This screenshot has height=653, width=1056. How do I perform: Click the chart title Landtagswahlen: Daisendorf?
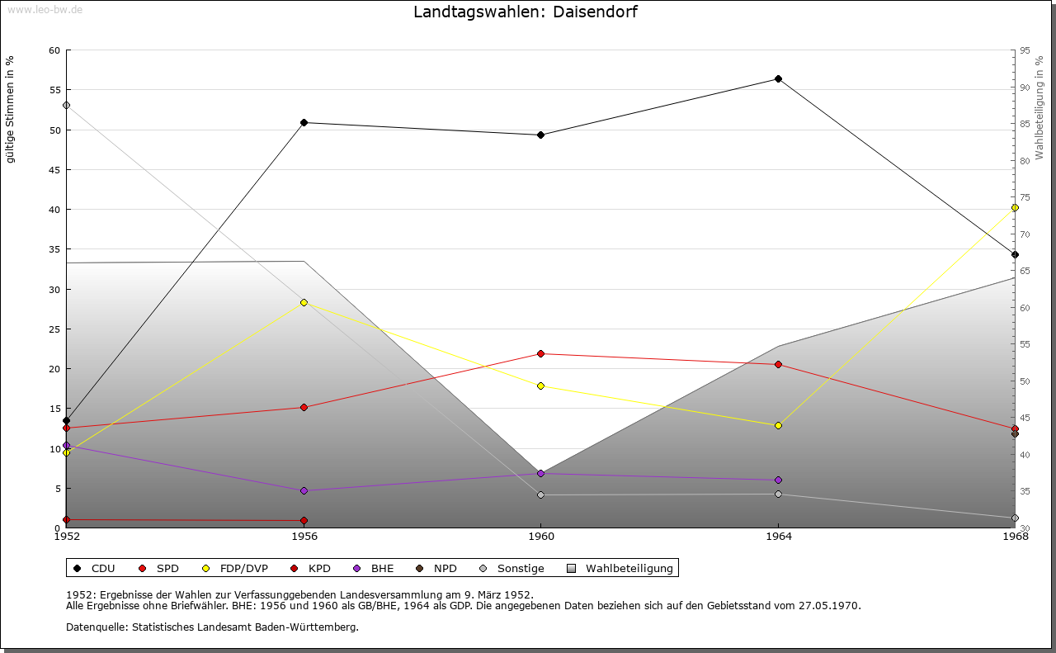pyautogui.click(x=525, y=12)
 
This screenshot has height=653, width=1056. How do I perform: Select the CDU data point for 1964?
pyautogui.click(x=778, y=79)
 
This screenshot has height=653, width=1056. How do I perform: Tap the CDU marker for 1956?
pyautogui.click(x=304, y=122)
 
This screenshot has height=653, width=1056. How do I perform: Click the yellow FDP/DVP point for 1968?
pyautogui.click(x=1015, y=208)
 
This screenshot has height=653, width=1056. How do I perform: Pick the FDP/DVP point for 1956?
pyautogui.click(x=304, y=302)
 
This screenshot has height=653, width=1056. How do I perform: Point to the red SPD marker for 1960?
pyautogui.click(x=541, y=353)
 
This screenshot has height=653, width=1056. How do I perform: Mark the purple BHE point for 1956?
pyautogui.click(x=304, y=490)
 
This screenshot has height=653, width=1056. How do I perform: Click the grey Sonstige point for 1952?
pyautogui.click(x=66, y=105)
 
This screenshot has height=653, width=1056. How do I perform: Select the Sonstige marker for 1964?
pyautogui.click(x=778, y=494)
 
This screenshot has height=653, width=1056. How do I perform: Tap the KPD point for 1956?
pyautogui.click(x=304, y=520)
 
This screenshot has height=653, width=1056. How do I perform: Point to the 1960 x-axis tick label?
pyautogui.click(x=541, y=537)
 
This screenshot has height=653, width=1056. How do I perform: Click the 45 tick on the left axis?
pyautogui.click(x=54, y=170)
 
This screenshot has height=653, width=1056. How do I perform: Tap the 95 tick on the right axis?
pyautogui.click(x=1025, y=50)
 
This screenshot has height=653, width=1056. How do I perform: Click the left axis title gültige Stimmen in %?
pyautogui.click(x=11, y=110)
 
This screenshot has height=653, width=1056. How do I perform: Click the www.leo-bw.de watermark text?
pyautogui.click(x=45, y=9)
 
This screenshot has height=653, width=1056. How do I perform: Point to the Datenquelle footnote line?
pyautogui.click(x=212, y=627)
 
